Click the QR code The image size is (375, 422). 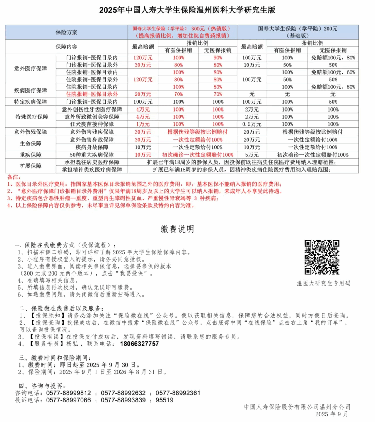tap(322, 257)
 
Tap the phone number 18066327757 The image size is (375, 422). tap(139, 344)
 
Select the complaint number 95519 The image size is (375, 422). tap(164, 400)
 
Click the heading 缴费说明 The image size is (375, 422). tap(177, 229)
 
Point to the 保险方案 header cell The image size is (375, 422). tap(67, 32)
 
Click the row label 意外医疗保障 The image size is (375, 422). tap(30, 69)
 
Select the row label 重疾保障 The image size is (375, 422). tap(30, 155)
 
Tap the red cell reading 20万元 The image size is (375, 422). tap(143, 94)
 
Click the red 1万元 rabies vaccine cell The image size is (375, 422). tap(143, 124)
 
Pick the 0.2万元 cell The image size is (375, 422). tap(252, 124)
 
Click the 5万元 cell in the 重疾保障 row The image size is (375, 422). tap(252, 155)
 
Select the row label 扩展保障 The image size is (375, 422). tap(30, 166)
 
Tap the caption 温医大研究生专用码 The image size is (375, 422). tap(323, 283)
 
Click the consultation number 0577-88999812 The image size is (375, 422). tap(69, 393)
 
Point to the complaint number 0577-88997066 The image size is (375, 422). tap(69, 400)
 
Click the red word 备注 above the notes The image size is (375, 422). tap(14, 177)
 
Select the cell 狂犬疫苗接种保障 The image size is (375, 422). tap(92, 124)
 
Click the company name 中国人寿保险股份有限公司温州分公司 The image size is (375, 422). tap(297, 407)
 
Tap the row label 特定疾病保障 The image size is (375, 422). tap(30, 102)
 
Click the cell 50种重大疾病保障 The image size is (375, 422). tap(92, 155)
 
